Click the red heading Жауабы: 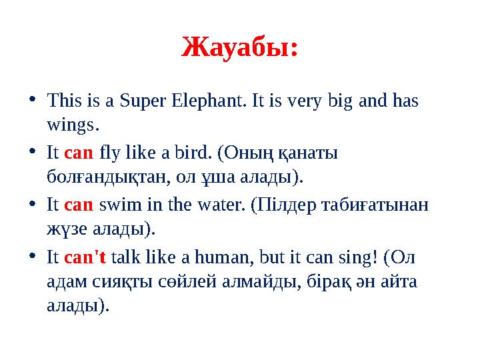click(x=240, y=47)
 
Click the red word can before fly click(x=79, y=153)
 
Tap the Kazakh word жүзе click(x=65, y=229)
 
